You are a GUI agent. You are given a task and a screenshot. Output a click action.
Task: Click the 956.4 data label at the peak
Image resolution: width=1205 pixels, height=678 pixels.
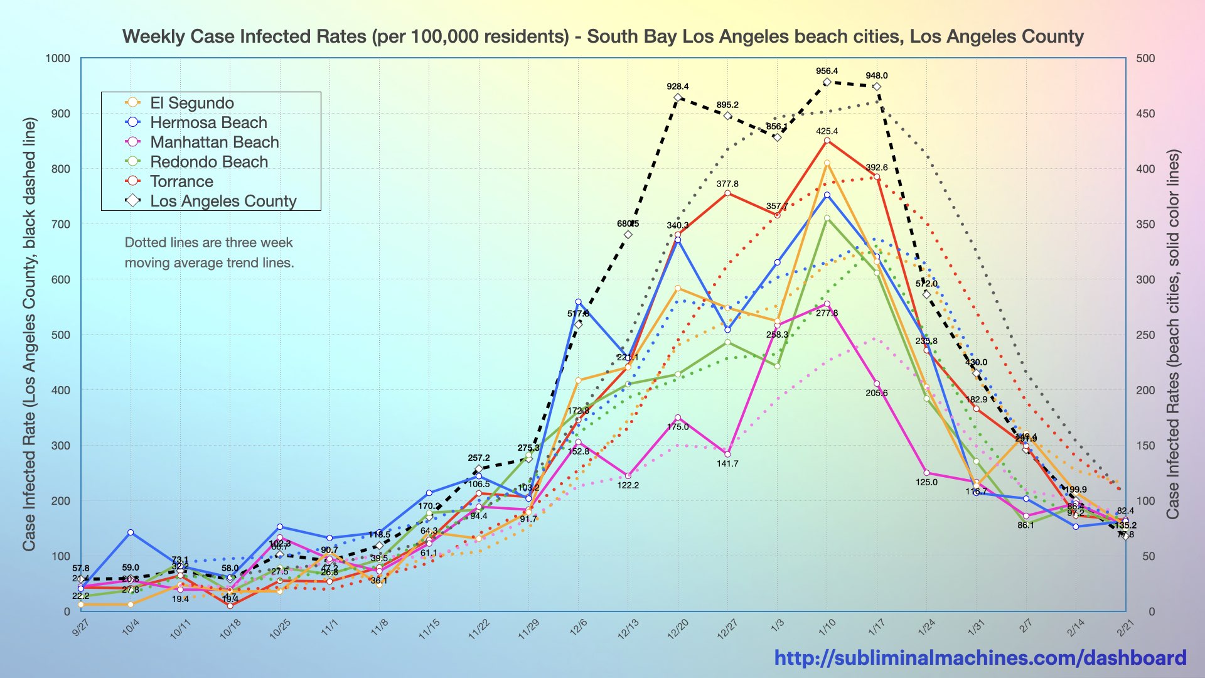click(827, 72)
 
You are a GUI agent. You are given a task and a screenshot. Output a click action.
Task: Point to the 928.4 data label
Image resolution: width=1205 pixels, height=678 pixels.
click(677, 87)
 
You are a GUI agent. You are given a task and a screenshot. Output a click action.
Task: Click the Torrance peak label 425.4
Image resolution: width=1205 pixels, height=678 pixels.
click(827, 131)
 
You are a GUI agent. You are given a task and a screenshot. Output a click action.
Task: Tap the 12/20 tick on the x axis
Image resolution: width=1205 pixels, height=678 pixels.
click(678, 628)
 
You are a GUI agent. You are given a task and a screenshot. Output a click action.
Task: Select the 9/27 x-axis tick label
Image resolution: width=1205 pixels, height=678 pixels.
click(81, 628)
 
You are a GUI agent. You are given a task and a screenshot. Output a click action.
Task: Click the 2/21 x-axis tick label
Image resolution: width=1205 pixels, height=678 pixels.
click(1125, 628)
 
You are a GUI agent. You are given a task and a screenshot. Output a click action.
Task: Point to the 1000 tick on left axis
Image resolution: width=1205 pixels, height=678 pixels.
click(58, 58)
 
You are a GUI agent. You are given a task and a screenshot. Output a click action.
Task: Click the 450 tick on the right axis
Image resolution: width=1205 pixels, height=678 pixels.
click(1145, 114)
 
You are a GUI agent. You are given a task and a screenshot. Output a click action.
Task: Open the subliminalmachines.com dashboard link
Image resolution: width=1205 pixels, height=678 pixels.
click(980, 657)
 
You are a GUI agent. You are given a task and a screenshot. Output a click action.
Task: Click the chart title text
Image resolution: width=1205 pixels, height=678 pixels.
click(602, 36)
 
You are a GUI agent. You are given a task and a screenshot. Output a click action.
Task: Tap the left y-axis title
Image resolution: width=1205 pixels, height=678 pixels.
click(29, 335)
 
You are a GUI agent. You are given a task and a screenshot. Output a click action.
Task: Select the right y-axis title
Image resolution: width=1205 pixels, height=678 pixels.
click(1172, 335)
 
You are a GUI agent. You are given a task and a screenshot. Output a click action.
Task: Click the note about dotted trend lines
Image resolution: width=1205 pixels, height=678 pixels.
click(209, 252)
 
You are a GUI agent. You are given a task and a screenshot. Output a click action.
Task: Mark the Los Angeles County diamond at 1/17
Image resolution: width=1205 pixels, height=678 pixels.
click(877, 87)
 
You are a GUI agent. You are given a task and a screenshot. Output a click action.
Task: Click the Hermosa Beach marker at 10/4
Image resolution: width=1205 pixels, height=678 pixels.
click(131, 532)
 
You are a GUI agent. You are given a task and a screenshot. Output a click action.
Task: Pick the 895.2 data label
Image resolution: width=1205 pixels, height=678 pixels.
click(727, 105)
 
